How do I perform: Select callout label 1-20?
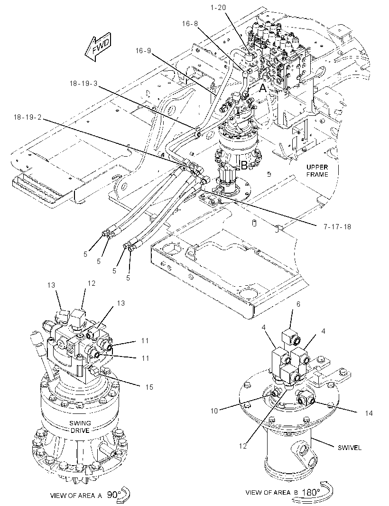(218, 8)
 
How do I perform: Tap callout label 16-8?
(190, 24)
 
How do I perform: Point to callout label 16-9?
(143, 51)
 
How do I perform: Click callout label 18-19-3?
(83, 83)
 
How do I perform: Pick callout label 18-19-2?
(28, 117)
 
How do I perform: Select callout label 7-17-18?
(337, 226)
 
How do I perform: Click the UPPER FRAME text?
(317, 171)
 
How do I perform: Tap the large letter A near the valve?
(263, 88)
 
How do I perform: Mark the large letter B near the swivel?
(244, 166)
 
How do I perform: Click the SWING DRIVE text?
(80, 427)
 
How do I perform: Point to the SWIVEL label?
(350, 448)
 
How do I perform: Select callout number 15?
(149, 387)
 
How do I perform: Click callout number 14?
(369, 413)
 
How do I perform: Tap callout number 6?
(298, 304)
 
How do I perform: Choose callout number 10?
(214, 411)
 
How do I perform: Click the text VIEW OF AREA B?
(272, 492)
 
